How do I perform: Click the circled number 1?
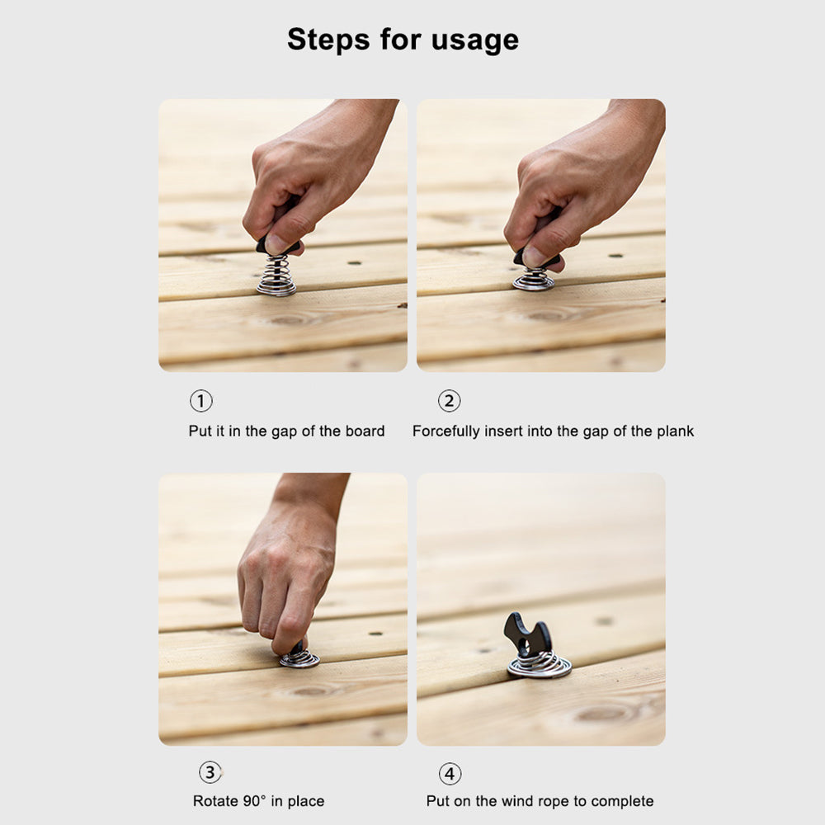click(201, 401)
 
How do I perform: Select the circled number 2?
click(449, 401)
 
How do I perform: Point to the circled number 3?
click(211, 773)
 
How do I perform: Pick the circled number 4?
click(450, 774)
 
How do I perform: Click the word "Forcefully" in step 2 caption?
click(445, 431)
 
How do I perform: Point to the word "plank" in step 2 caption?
click(675, 431)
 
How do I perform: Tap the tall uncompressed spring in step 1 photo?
click(276, 276)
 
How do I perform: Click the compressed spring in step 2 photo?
click(534, 280)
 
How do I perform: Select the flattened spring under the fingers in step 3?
click(299, 658)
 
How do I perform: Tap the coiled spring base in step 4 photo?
click(539, 664)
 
